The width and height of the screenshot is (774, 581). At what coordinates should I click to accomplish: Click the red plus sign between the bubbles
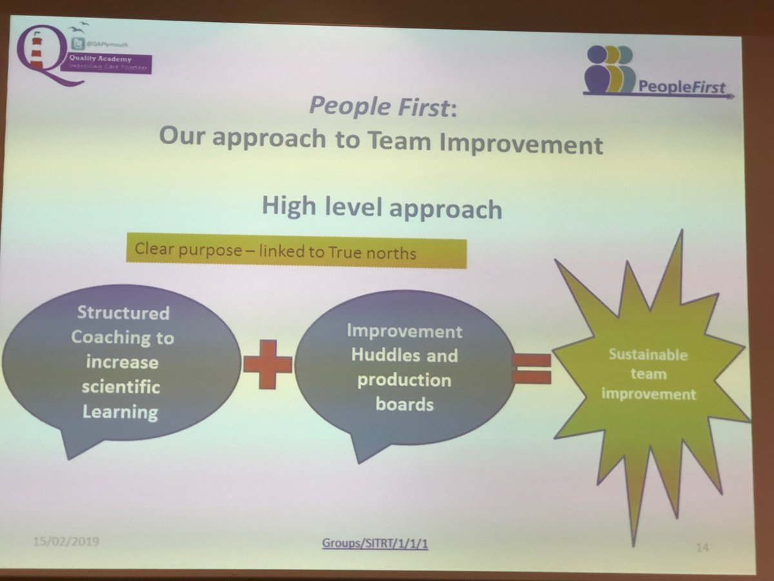coord(267,364)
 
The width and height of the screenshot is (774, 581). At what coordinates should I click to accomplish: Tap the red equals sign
coord(532,369)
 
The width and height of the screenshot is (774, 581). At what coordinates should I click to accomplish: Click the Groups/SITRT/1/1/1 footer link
coord(375,544)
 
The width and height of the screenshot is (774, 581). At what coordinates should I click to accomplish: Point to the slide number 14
coord(702,548)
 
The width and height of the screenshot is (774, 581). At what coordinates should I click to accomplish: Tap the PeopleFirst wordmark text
coord(682,87)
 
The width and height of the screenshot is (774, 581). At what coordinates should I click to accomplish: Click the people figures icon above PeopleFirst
coord(610,70)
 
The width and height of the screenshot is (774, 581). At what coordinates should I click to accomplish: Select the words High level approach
coord(381,208)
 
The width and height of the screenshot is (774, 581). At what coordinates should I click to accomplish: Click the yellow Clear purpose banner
coord(295,252)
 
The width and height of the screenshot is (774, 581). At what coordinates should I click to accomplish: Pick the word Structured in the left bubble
coord(123,313)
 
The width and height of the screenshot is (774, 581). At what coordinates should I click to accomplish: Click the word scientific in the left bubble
coord(121,387)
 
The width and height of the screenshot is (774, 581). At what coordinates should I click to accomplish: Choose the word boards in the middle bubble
coord(405,405)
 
